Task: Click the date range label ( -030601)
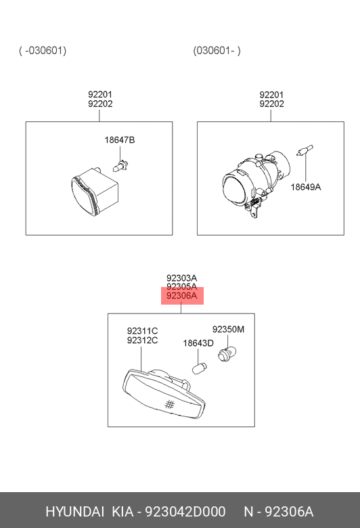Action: tap(43, 51)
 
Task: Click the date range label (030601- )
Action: tap(217, 51)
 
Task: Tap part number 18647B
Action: tap(120, 139)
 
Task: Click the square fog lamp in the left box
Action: tap(95, 192)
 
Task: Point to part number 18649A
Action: tap(305, 187)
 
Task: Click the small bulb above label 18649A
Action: tap(305, 150)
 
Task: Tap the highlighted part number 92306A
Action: tap(182, 296)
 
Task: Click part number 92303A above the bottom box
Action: tap(182, 278)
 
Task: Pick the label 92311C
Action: tap(143, 331)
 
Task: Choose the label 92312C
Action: tap(143, 340)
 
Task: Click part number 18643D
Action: tap(198, 343)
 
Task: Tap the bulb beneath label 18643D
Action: tap(200, 368)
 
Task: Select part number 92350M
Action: tap(228, 329)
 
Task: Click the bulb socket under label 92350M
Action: tap(227, 354)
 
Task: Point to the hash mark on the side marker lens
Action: tap(170, 404)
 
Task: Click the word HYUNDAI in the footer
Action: tap(74, 512)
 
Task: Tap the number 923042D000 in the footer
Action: tap(185, 512)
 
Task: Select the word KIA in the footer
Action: tap(122, 512)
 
